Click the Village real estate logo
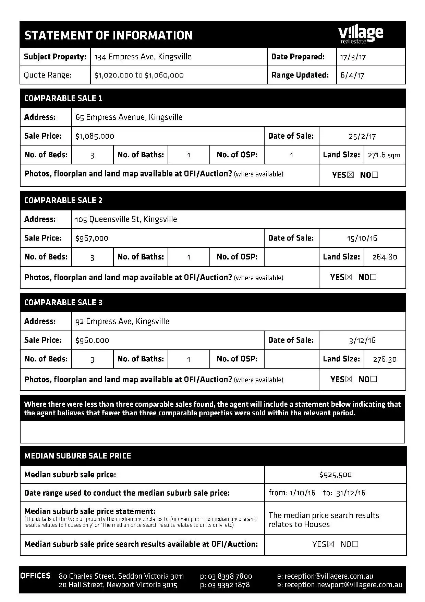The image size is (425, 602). point(361,35)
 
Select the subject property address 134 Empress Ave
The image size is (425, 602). point(143,57)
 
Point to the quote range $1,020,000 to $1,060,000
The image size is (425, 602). point(139,75)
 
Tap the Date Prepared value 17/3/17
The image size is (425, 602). point(353,57)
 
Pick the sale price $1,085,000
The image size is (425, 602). point(95,136)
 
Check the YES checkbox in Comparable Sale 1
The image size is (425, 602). point(350,175)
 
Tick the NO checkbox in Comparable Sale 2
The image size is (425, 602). point(373,277)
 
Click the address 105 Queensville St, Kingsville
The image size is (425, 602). point(126,219)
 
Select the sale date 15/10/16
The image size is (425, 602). point(362,238)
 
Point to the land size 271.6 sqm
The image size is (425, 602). point(384,155)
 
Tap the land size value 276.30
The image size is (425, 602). point(385,359)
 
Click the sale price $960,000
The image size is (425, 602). point(92,340)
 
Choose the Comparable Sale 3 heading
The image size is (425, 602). point(63,302)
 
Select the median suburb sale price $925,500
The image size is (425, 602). point(335,475)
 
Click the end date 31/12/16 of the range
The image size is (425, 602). point(351,493)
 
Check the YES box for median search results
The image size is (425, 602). point(330,544)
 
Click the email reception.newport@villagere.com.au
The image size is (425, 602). point(343,585)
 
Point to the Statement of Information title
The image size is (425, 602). point(109,35)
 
